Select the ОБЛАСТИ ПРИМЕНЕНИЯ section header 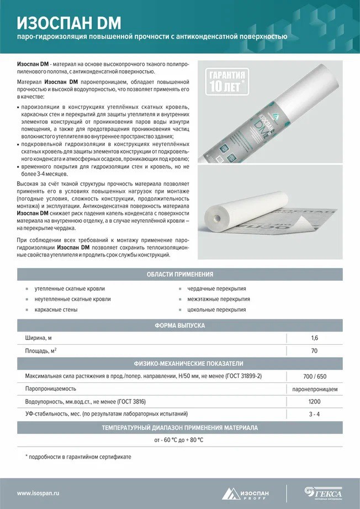point(180,274)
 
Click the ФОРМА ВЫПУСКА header point(180,326)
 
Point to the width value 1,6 point(314,338)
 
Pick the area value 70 point(314,350)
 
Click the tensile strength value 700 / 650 point(314,376)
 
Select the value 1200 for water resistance point(314,401)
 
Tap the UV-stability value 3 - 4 point(314,414)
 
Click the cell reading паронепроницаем point(314,389)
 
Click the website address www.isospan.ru point(39,493)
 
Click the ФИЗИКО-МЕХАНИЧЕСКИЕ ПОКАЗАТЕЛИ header point(180,364)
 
